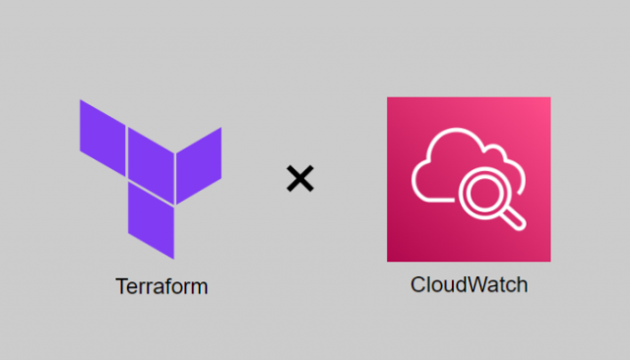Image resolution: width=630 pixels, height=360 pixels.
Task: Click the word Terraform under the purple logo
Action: pos(162,287)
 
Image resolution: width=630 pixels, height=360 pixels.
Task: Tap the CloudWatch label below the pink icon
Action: pos(469,285)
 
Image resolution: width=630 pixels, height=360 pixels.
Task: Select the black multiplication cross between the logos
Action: pos(300,178)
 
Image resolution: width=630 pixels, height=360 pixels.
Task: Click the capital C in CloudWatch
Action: pos(417,285)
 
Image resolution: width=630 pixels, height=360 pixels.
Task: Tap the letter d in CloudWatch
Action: pos(465,285)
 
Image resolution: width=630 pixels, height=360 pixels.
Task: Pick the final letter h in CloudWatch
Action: pos(523,285)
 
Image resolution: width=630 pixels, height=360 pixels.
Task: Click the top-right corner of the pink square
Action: pos(548,98)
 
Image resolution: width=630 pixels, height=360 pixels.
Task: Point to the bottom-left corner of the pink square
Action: pos(389,260)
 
